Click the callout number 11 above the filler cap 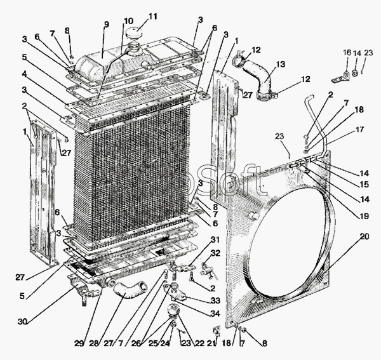153,16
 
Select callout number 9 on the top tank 107,24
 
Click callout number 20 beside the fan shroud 363,237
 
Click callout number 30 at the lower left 23,321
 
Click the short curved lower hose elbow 127,293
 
